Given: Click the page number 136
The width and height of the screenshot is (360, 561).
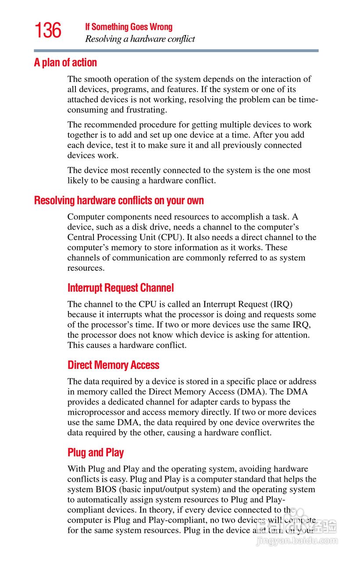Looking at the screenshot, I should [x=48, y=31].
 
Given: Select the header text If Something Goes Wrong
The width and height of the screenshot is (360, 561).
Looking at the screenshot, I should [x=128, y=27].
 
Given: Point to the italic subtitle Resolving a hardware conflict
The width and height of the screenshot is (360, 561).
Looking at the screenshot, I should [x=140, y=39].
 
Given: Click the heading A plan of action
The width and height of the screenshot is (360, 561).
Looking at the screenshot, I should [x=65, y=63].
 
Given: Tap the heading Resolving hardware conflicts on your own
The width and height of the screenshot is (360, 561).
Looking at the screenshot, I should [x=119, y=201].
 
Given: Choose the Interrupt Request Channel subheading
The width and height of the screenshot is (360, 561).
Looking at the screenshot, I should [x=121, y=288].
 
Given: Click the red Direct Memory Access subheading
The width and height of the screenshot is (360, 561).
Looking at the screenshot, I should [x=113, y=365].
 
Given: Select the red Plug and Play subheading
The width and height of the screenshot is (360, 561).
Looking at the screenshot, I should [x=96, y=453].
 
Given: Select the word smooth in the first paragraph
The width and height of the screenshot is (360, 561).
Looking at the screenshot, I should [x=97, y=79].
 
